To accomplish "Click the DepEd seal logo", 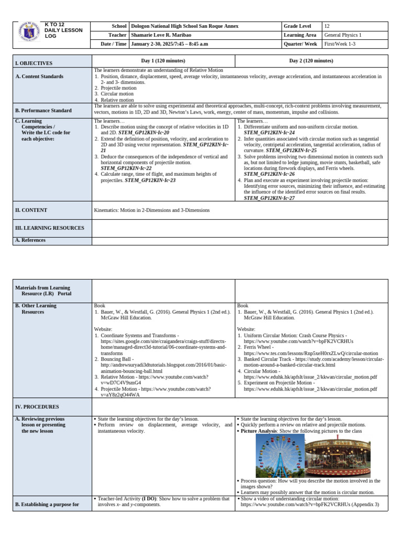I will [29, 35].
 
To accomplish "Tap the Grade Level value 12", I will [327, 26].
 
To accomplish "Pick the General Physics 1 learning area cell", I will [343, 35].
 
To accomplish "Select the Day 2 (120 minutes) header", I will [311, 61].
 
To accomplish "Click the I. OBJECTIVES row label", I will [34, 63].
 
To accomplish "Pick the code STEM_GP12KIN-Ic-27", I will [269, 198].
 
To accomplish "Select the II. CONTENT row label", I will [31, 210].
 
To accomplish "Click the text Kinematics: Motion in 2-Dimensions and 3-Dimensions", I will [152, 210].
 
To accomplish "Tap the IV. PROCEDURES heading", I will [37, 406].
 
